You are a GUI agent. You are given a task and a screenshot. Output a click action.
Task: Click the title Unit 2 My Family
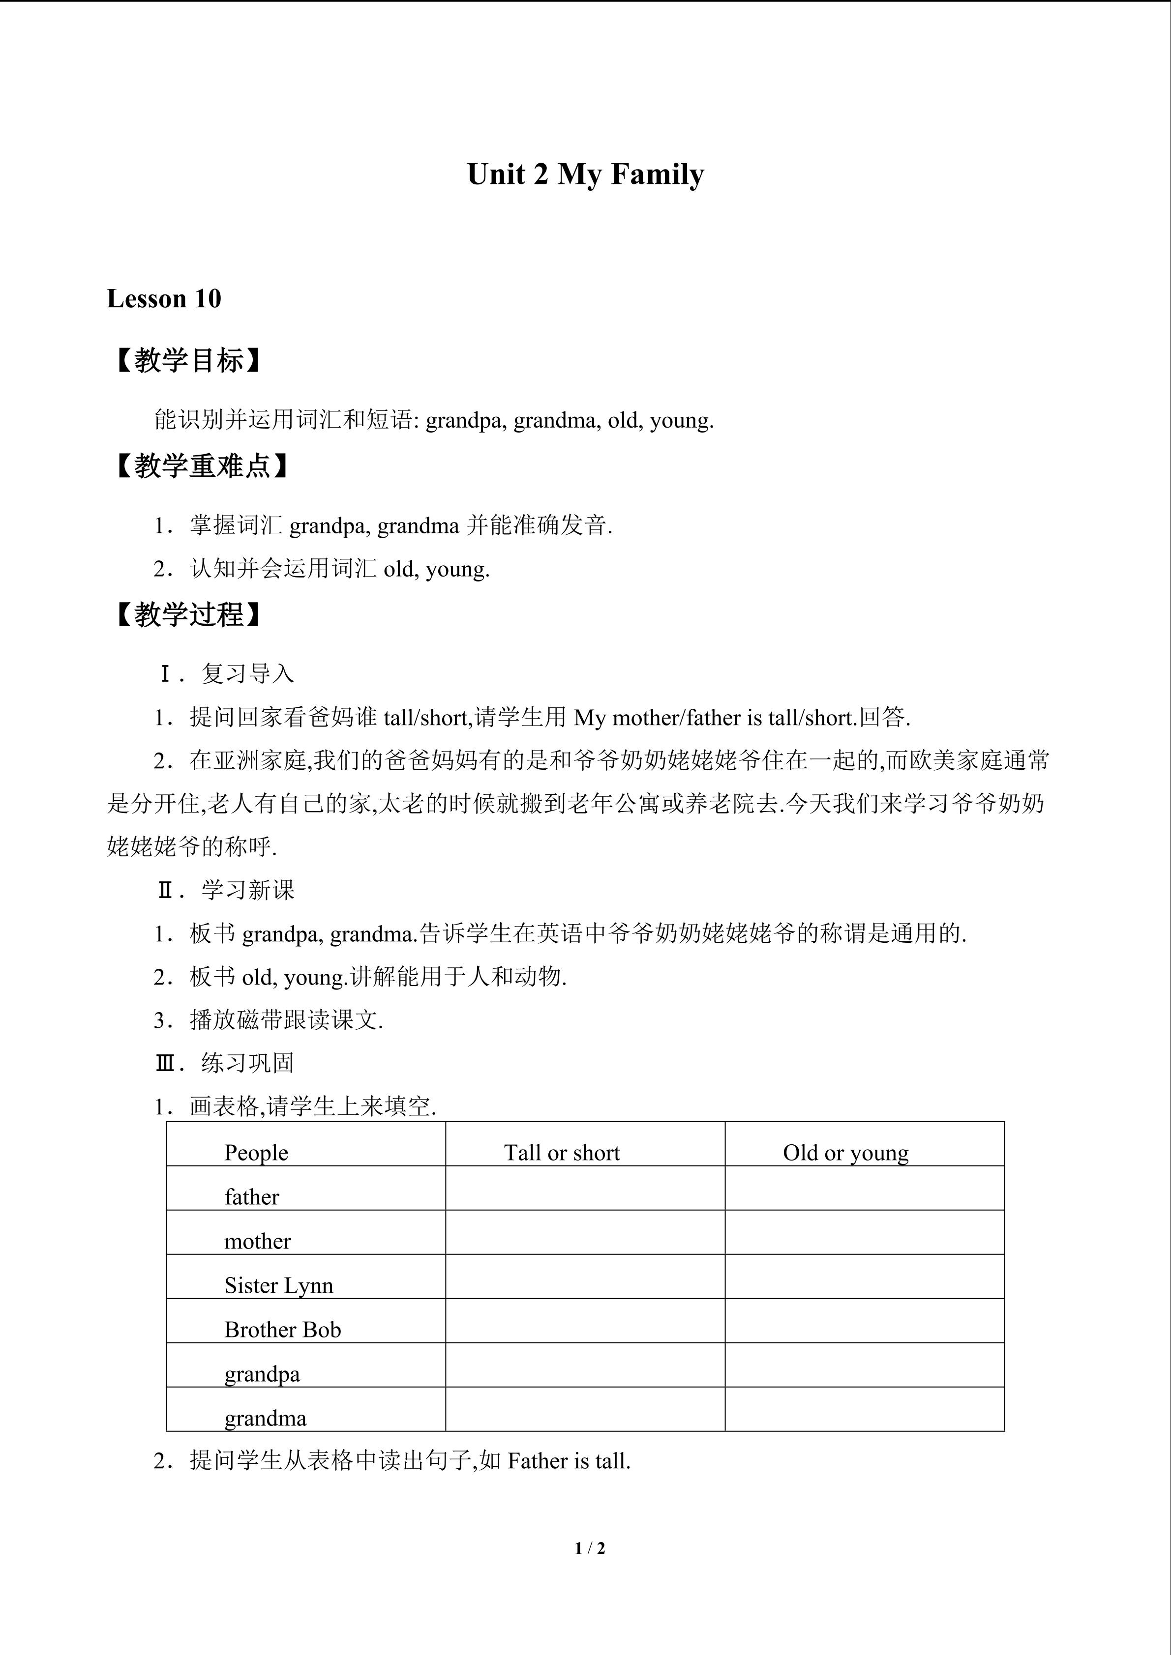click(585, 175)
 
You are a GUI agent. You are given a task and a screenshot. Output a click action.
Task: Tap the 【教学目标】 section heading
click(187, 360)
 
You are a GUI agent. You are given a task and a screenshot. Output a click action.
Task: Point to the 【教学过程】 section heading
click(187, 615)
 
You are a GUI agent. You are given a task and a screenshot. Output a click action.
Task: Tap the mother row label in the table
click(257, 1241)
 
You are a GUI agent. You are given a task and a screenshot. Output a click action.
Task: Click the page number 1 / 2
click(590, 1547)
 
